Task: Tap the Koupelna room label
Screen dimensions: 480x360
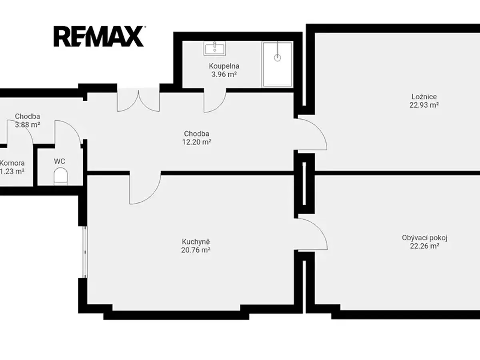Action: click(x=224, y=66)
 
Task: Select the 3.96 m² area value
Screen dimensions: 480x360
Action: click(x=224, y=74)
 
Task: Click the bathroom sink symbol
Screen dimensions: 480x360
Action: click(x=215, y=48)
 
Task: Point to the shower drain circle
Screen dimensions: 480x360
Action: click(x=278, y=58)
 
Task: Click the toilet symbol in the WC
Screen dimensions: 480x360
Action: click(x=60, y=176)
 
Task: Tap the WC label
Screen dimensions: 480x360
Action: click(x=60, y=162)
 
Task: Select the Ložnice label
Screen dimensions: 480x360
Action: click(x=424, y=97)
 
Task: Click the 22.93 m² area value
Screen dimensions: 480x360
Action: click(x=424, y=105)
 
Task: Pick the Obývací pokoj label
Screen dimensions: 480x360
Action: click(x=424, y=238)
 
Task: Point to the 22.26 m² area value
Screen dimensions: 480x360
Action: click(x=424, y=246)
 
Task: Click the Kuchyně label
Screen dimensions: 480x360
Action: click(x=196, y=242)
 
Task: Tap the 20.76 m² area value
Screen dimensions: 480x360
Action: click(x=196, y=250)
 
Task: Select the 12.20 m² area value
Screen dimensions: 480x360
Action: click(x=196, y=142)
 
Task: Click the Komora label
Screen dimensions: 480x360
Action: click(x=12, y=163)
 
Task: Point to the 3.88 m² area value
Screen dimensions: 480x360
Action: click(x=27, y=125)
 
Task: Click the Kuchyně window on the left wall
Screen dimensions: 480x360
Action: click(x=86, y=252)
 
